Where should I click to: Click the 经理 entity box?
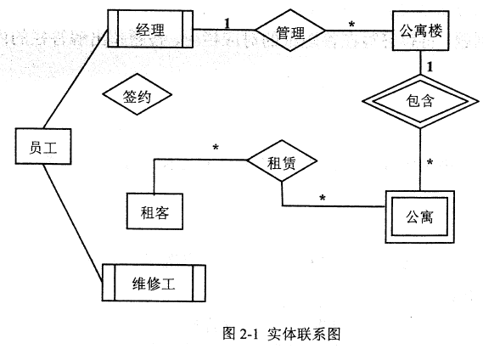click(x=150, y=29)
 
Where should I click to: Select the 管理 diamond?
click(x=290, y=31)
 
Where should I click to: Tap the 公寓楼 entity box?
click(x=420, y=31)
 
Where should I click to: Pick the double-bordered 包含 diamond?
click(x=420, y=101)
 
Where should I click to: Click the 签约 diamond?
click(x=137, y=94)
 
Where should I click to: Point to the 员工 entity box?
click(x=43, y=146)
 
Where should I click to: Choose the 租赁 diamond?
click(x=282, y=160)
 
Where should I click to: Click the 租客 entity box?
click(x=154, y=211)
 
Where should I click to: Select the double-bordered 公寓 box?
click(x=420, y=217)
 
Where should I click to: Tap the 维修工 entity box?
click(x=154, y=283)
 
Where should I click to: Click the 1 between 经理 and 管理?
click(x=227, y=23)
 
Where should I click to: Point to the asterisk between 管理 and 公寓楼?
click(x=351, y=24)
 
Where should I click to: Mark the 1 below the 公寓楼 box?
click(x=430, y=66)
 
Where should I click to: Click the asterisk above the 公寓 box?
click(x=430, y=162)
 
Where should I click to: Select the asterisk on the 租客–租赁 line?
click(x=216, y=148)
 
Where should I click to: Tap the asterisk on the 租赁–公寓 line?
click(x=323, y=198)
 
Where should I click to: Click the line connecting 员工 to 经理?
click(x=76, y=79)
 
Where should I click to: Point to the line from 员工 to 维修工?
click(x=73, y=222)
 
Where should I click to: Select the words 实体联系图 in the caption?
click(x=304, y=334)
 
